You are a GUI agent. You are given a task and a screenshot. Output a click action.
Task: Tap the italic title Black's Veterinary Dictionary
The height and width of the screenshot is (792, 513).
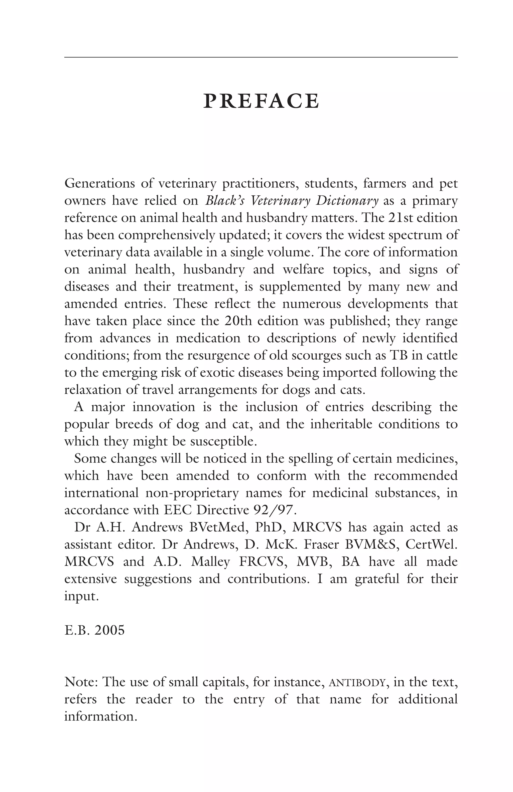[292, 201]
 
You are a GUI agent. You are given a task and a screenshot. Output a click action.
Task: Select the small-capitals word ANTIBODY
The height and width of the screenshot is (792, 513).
[358, 682]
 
